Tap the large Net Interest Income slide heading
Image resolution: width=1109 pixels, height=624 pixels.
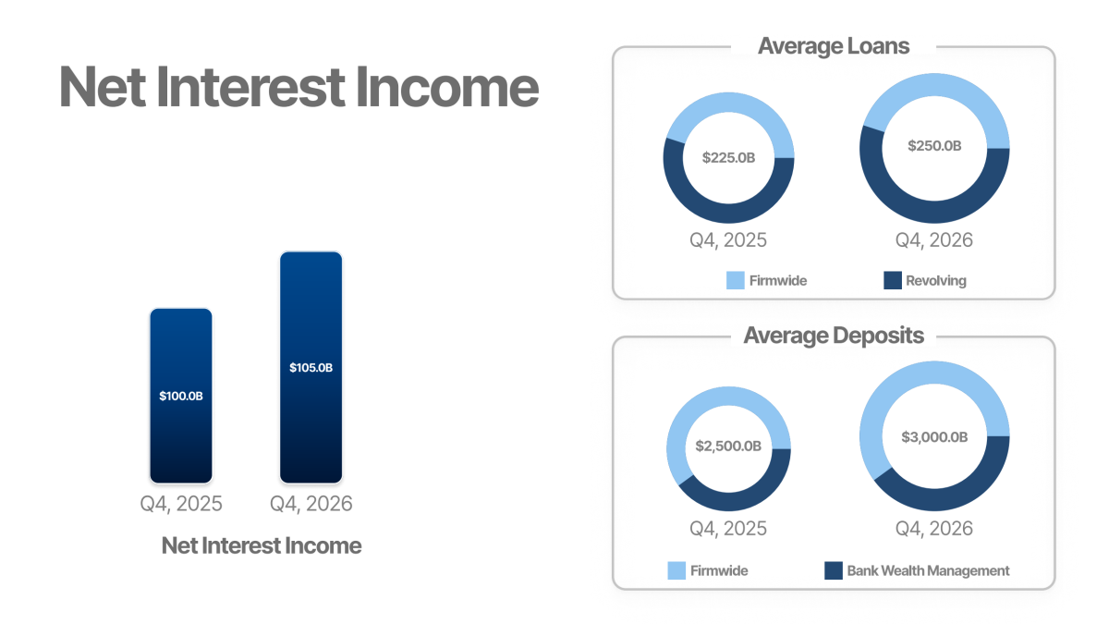pos(299,88)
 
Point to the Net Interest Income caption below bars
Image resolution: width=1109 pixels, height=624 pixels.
pos(262,545)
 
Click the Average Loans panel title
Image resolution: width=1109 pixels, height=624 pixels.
pos(834,46)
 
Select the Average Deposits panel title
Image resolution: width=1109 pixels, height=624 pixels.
pos(834,336)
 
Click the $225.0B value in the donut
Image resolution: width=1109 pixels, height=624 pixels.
pos(728,158)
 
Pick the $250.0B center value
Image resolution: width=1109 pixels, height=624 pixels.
pos(933,146)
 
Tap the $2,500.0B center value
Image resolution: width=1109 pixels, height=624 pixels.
pos(728,447)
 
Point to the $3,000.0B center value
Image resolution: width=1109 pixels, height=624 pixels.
pos(933,436)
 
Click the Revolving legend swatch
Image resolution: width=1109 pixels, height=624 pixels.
pos(893,280)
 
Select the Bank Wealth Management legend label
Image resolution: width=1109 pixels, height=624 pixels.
pos(928,570)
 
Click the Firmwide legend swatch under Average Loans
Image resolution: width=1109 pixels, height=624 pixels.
pos(736,280)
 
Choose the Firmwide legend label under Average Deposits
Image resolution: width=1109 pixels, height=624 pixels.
pos(719,570)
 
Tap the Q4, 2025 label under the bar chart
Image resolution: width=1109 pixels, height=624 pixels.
pos(181,504)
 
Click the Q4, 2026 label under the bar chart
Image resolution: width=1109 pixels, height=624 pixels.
pos(311,504)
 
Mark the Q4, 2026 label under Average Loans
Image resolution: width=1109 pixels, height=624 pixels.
pos(933,240)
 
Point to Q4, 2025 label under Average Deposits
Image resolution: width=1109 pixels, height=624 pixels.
pos(728,529)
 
